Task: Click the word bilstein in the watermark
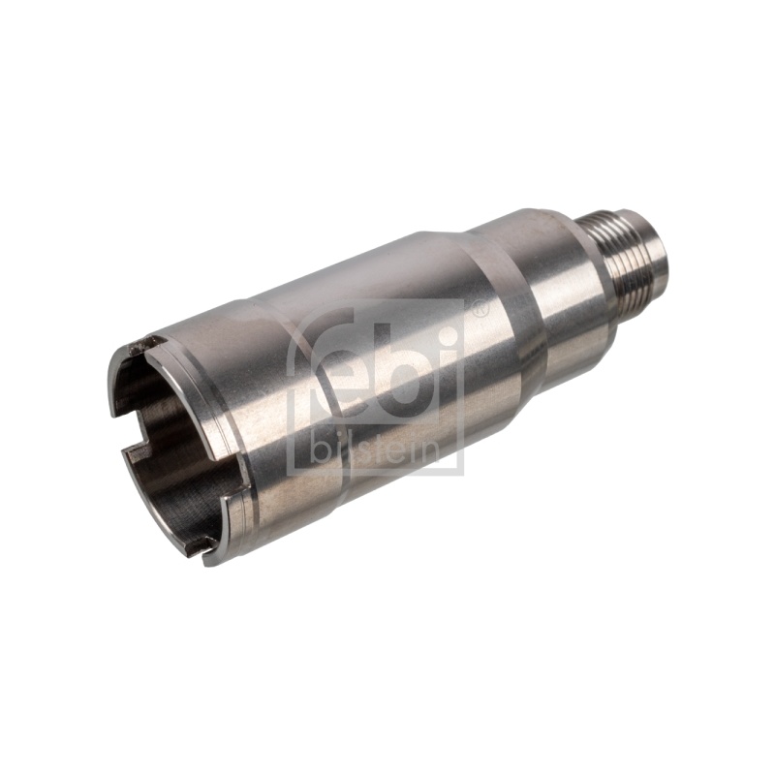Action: pyautogui.click(x=374, y=451)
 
